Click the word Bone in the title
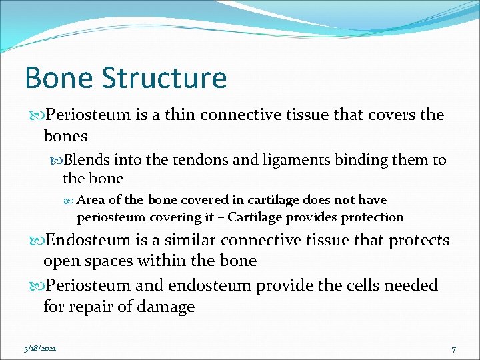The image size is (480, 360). pyautogui.click(x=57, y=78)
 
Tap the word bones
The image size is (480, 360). pyautogui.click(x=65, y=135)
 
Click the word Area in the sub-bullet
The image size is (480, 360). pyautogui.click(x=91, y=200)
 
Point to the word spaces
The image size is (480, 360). pyautogui.click(x=125, y=261)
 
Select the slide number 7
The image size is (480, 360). pyautogui.click(x=453, y=349)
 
